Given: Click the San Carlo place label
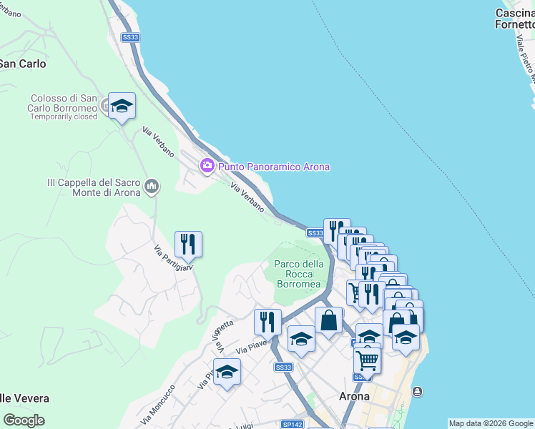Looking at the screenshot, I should [x=23, y=64].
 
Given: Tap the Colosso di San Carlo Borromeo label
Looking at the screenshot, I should [x=64, y=103].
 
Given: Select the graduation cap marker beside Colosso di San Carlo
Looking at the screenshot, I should [x=122, y=106].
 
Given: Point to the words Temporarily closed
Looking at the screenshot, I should [x=64, y=117].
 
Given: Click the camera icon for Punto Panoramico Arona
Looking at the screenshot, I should [x=207, y=166].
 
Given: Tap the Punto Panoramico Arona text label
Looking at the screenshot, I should [x=274, y=167].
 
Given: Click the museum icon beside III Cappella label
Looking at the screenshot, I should [x=151, y=187].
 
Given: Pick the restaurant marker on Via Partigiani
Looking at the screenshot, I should [x=188, y=245].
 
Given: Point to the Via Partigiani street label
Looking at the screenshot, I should [x=174, y=259].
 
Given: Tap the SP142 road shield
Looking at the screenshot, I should [x=292, y=424].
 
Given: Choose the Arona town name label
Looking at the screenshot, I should [x=354, y=396].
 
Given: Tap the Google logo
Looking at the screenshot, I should [x=24, y=420].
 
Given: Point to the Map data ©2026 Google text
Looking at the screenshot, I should [x=491, y=423].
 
